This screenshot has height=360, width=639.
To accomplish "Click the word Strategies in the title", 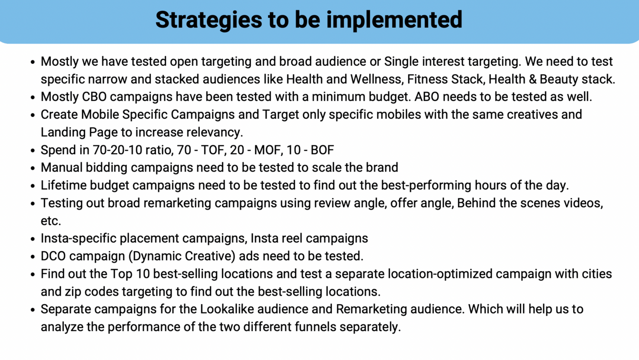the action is [209, 20].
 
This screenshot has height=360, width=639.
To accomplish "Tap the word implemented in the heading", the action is [394, 20].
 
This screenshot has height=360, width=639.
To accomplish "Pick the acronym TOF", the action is [213, 150].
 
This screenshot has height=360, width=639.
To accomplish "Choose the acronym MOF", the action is [268, 150].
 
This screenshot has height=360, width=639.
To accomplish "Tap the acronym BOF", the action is [322, 150].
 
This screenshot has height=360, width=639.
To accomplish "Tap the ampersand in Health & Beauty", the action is [532, 79].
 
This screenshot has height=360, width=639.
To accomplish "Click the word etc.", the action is [51, 221].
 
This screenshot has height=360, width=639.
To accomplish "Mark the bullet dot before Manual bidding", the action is [33, 168].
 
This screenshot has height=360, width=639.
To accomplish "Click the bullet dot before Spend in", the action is [33, 151].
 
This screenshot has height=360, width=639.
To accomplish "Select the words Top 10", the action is [130, 273].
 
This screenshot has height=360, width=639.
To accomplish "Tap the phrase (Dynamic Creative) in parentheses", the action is [182, 256].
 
